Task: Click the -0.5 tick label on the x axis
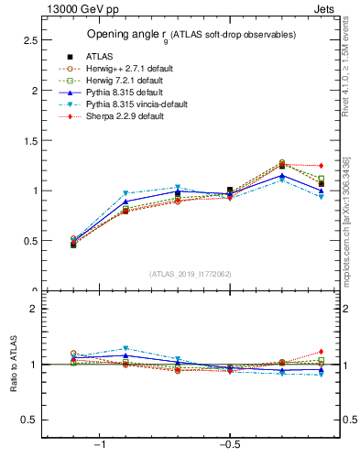coord(229,444)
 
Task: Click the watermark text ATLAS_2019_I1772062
coord(191,273)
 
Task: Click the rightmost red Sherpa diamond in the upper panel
coord(321,166)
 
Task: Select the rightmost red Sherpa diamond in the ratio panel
coord(321,351)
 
